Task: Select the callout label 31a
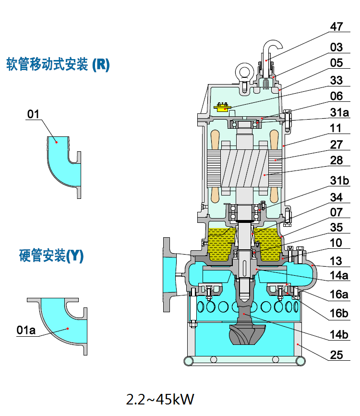[339, 112]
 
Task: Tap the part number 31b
[339, 180]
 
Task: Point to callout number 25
[336, 356]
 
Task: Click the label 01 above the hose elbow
[33, 114]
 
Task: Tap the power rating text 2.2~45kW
[160, 399]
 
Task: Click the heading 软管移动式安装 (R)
[58, 65]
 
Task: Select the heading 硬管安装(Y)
[51, 256]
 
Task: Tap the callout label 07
[336, 211]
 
